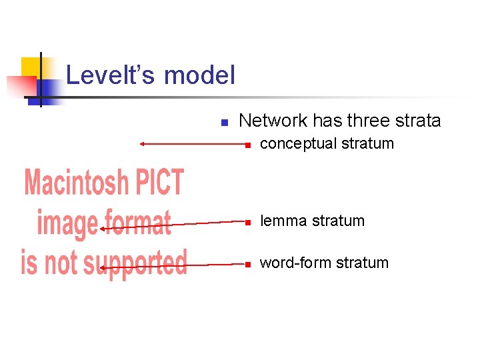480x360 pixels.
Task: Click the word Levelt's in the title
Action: coord(111,75)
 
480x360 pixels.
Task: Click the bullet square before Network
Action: coord(225,122)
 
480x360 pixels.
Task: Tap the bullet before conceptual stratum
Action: coord(247,145)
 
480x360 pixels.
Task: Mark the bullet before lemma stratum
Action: coord(247,221)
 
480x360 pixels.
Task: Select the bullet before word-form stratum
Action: coord(247,264)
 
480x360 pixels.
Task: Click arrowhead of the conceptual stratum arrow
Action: coord(142,143)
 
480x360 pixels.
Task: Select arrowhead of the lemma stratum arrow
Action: coord(102,229)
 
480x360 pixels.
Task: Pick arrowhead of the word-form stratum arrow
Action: coord(102,267)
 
